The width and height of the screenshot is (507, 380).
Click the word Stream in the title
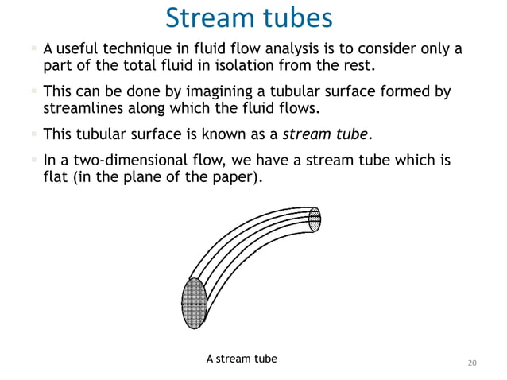click(208, 18)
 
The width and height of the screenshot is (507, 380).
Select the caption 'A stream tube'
click(242, 359)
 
